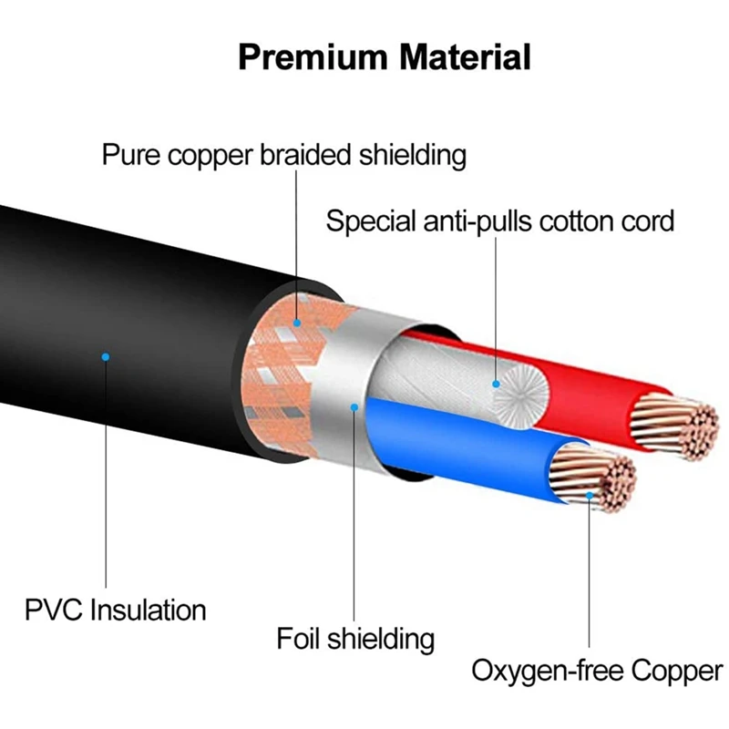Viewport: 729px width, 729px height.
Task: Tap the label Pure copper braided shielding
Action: pos(283,154)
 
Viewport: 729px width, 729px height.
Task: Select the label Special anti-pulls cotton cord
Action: pos(500,221)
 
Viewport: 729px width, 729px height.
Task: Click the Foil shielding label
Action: pos(355,638)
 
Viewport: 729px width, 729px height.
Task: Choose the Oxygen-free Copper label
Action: pos(596,673)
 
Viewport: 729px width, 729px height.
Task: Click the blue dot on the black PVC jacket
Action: pos(106,356)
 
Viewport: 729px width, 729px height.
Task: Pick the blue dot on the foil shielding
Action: pos(354,406)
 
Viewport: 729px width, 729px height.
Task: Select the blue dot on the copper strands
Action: pos(590,496)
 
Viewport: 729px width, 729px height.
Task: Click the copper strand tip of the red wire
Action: pos(674,424)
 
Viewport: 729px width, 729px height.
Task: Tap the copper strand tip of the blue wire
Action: pos(597,479)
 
